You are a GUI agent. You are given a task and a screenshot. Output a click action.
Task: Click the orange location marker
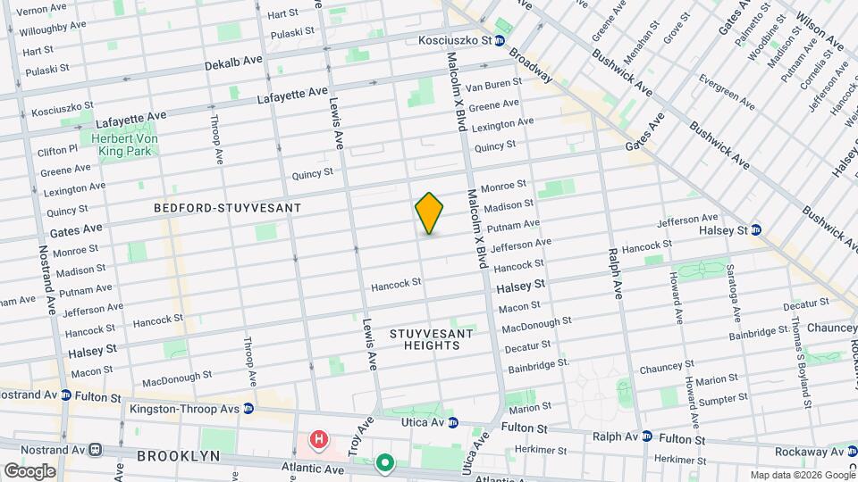(429, 213)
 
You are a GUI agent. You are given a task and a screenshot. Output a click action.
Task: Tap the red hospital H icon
(317, 439)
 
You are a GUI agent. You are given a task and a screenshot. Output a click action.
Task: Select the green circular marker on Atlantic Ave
(385, 462)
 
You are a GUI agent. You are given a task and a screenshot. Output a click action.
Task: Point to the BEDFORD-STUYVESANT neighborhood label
(227, 208)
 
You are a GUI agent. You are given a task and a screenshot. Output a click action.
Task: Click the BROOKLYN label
(179, 456)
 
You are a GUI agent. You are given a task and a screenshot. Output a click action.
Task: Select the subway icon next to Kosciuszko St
(500, 41)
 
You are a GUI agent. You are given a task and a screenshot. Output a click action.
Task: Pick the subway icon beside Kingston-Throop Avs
(248, 408)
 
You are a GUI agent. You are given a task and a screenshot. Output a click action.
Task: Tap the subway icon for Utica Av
(453, 423)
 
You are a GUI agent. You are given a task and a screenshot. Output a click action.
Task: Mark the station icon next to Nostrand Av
(93, 450)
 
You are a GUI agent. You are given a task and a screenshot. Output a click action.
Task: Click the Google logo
(29, 470)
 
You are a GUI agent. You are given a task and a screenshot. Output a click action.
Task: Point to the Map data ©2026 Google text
(802, 475)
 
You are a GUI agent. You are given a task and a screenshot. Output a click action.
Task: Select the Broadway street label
(531, 65)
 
